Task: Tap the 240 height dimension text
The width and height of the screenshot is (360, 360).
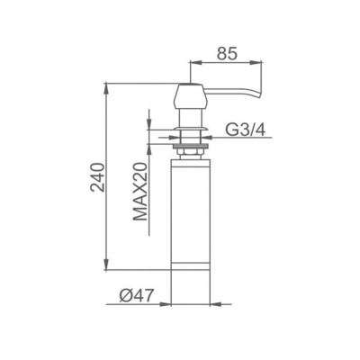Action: [97, 177]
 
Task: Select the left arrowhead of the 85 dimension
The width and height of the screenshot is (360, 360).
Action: [192, 62]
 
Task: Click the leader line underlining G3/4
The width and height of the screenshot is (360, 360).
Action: [243, 137]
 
